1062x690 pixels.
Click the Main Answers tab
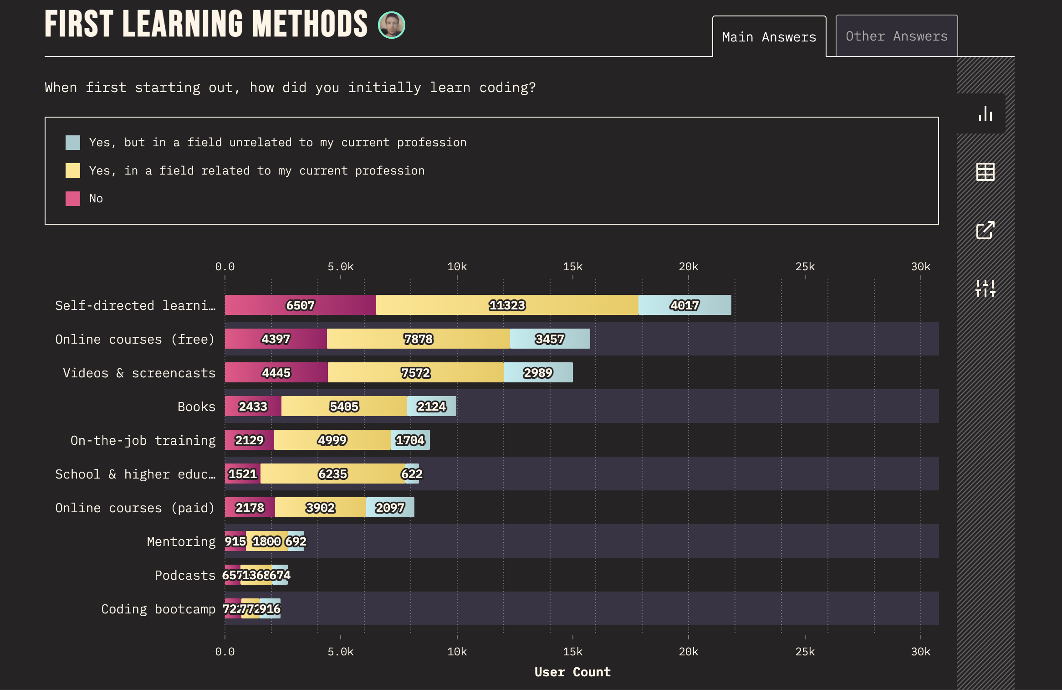(x=769, y=36)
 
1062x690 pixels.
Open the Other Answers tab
(x=896, y=36)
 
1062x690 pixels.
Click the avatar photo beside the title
(x=391, y=25)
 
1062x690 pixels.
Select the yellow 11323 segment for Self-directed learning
(x=507, y=305)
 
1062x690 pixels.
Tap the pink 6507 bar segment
(x=300, y=305)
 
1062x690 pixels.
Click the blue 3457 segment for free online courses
(x=550, y=339)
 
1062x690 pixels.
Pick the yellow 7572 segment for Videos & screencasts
(x=415, y=372)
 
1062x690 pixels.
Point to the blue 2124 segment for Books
(x=431, y=406)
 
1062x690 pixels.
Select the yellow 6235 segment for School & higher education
(x=332, y=474)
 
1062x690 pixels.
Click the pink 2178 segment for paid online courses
(x=250, y=507)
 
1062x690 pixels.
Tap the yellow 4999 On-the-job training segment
(x=332, y=440)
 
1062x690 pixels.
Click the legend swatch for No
(x=73, y=198)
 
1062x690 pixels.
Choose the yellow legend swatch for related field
(x=73, y=170)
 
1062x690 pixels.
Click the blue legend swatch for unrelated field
(x=73, y=142)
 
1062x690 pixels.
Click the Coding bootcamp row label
(x=158, y=609)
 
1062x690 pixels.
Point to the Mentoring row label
(x=181, y=541)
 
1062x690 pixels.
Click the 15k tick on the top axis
(x=572, y=267)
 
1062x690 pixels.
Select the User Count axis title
(x=572, y=672)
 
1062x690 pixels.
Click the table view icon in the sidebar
(x=985, y=172)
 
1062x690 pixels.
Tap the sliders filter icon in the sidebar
(x=985, y=288)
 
